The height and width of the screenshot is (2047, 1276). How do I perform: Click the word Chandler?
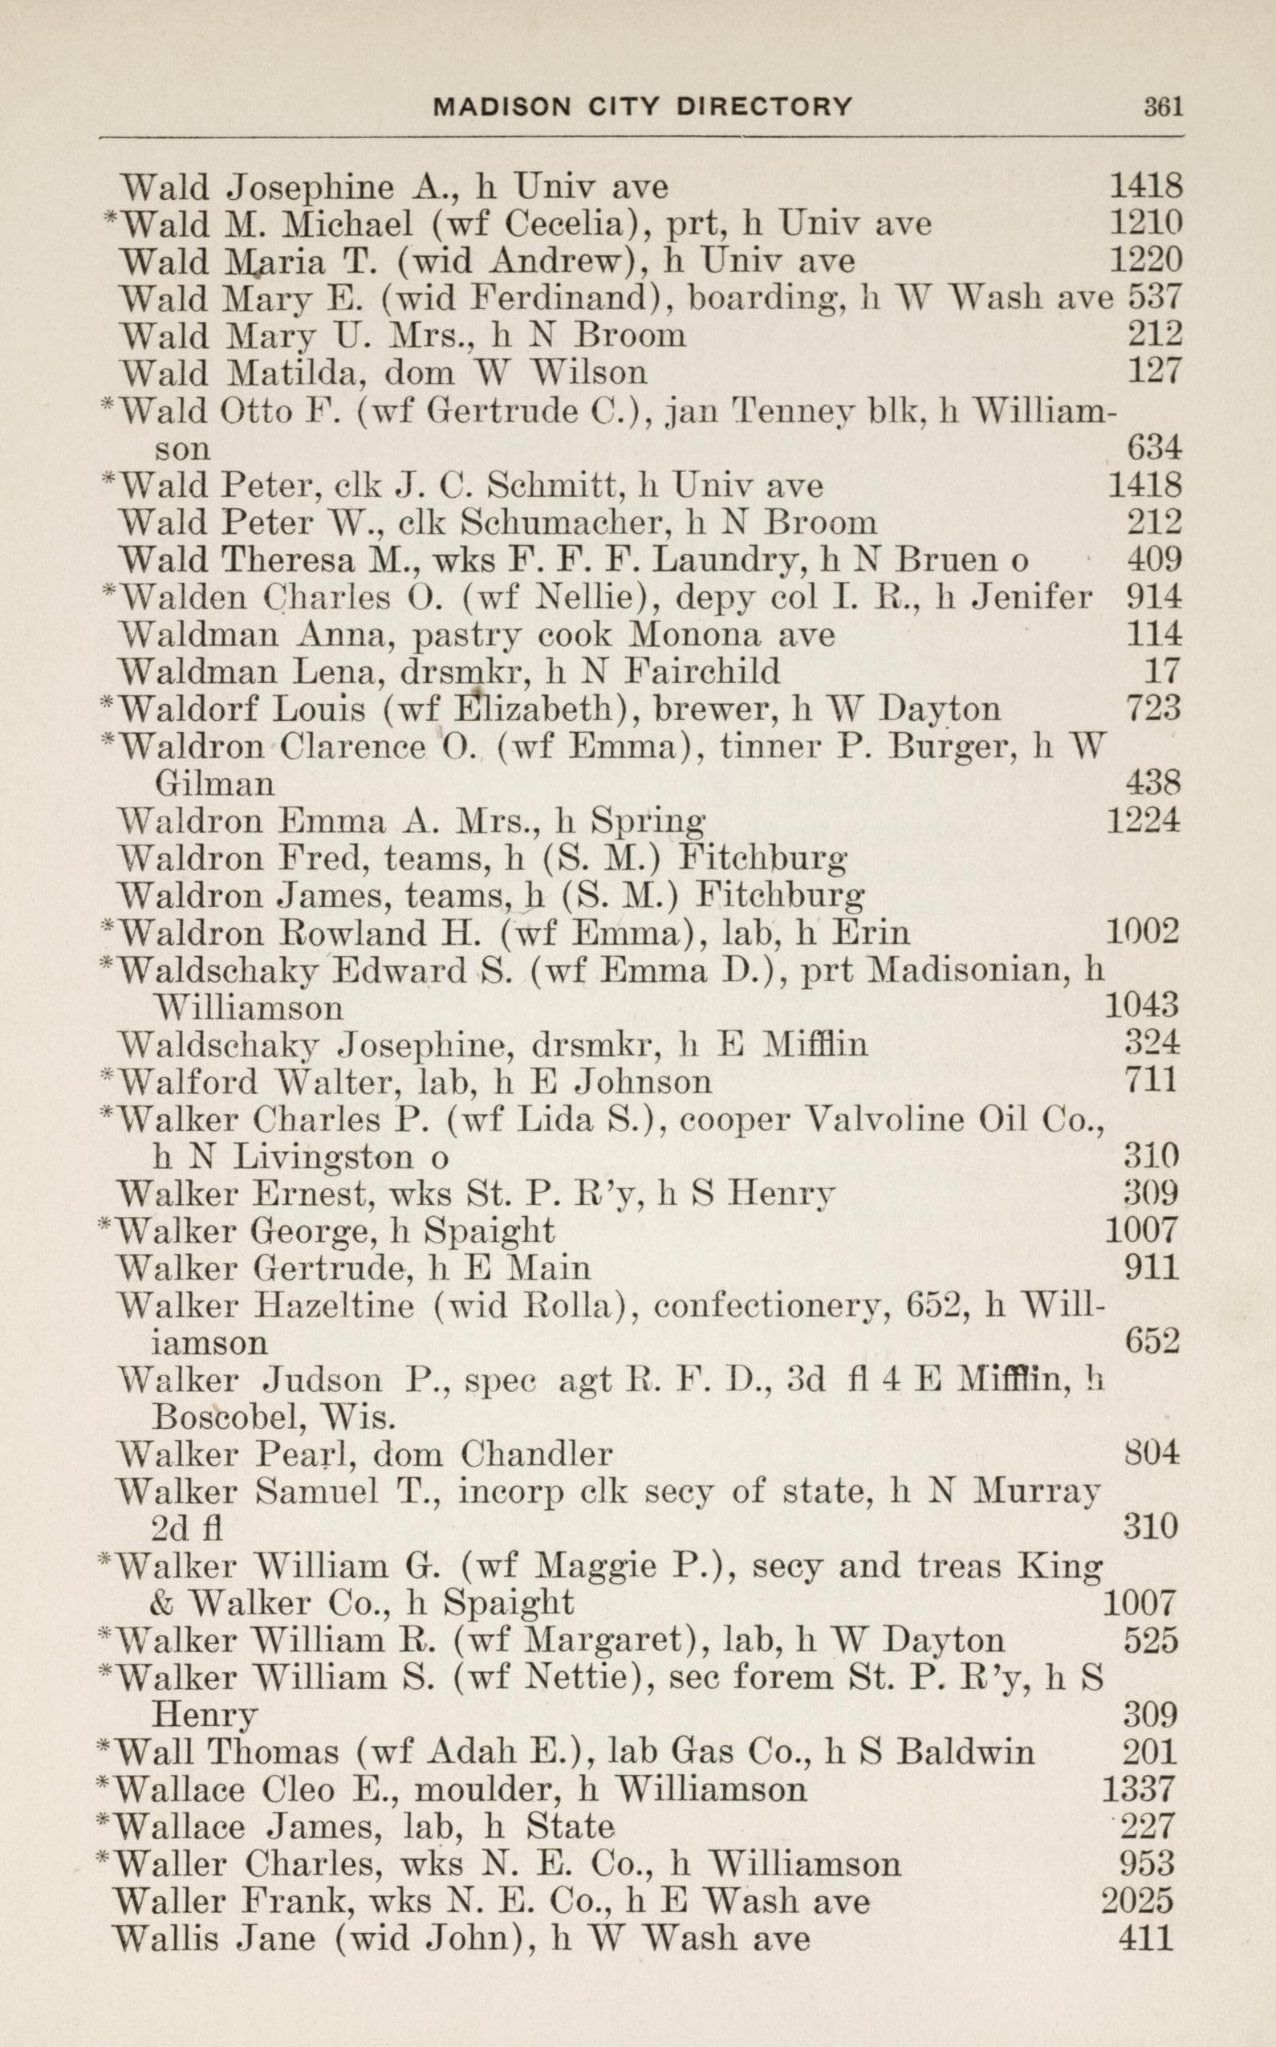(x=536, y=1454)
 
